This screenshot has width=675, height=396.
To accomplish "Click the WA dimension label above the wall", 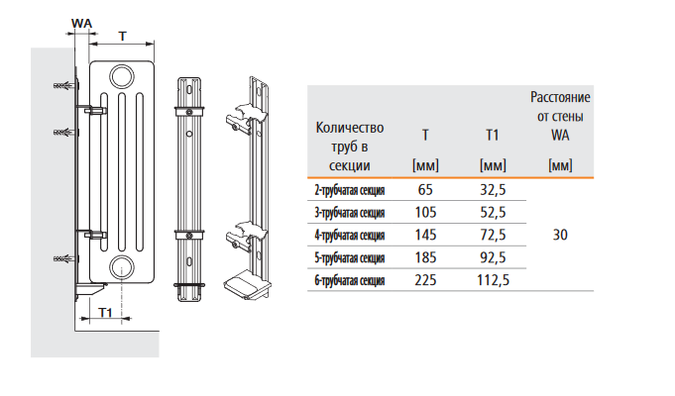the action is click(82, 23).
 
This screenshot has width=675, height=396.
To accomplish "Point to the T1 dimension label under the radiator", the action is click(105, 312).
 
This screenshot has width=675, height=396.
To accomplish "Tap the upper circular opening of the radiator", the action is click(121, 77).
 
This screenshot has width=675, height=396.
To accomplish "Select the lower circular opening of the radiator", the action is click(121, 267).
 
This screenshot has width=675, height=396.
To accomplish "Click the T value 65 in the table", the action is click(425, 190).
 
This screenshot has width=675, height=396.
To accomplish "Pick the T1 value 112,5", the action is click(493, 280).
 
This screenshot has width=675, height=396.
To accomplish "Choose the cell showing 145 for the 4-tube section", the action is click(425, 235).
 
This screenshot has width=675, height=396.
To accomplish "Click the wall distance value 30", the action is click(560, 235).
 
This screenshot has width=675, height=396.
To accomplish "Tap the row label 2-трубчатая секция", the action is click(350, 190).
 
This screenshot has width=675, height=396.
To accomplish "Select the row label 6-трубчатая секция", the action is click(350, 281).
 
